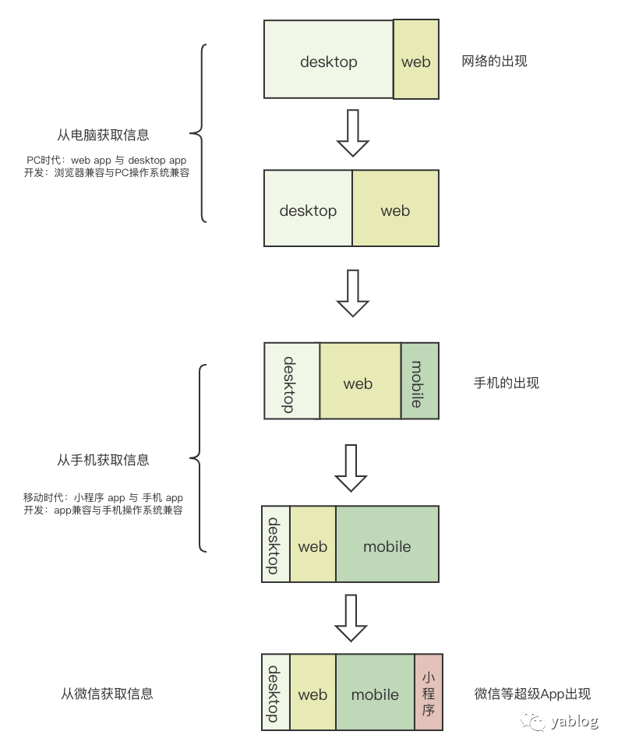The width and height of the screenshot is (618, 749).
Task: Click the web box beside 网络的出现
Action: pos(415,61)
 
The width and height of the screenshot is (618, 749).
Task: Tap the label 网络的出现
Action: pos(494,61)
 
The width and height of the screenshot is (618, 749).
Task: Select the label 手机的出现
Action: pos(506,383)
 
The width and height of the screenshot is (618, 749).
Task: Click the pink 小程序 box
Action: pos(428,692)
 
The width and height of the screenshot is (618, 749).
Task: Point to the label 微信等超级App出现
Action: pos(532,694)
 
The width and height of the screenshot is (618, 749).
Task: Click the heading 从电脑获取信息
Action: pos(104,135)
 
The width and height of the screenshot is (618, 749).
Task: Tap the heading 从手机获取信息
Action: pos(103,460)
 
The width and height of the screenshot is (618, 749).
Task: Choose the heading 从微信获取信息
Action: pos(107,693)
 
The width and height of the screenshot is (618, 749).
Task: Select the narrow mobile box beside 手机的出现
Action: pos(420,381)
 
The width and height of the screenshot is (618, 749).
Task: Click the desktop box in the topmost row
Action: pos(328,61)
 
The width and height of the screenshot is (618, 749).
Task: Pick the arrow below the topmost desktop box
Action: pos(352,133)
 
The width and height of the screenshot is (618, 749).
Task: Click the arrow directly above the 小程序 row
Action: pos(351,618)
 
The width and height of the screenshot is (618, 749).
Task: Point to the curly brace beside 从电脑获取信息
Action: pos(201,133)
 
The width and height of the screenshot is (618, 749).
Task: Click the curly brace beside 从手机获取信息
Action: pos(201,459)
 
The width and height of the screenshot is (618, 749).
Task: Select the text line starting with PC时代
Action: pos(107,161)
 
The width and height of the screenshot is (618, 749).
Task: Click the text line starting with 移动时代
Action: pos(103,497)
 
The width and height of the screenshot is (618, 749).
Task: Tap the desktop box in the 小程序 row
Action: pos(274,693)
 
